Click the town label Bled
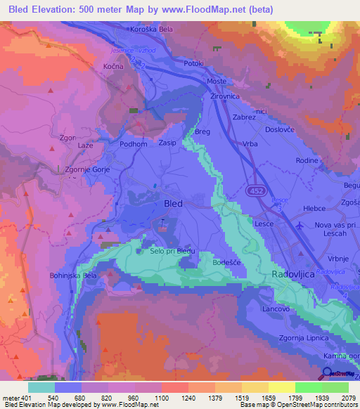172,203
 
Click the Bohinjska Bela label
72,276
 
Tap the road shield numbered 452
256,190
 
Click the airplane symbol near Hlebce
302,226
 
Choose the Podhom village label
134,144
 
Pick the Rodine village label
307,160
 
